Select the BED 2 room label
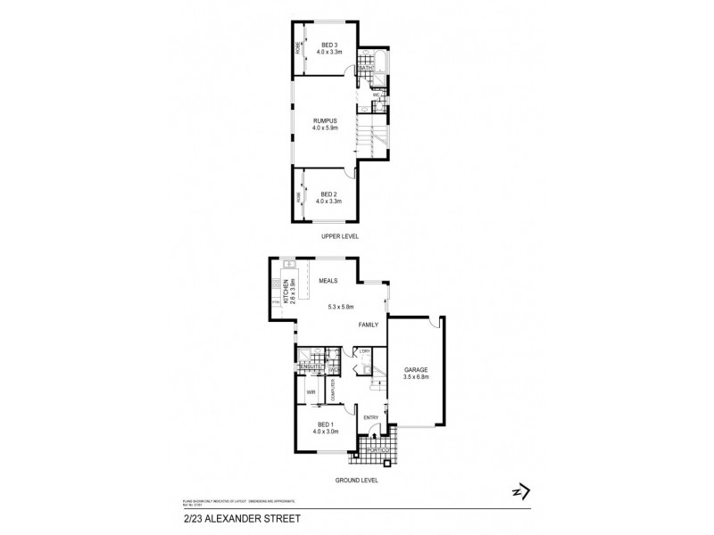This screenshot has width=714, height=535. [329, 193]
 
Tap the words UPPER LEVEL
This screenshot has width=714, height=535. [329, 237]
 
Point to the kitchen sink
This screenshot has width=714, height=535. [289, 265]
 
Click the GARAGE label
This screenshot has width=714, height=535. [416, 368]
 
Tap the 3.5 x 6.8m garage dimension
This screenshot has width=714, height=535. [416, 377]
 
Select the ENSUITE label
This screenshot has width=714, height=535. [311, 366]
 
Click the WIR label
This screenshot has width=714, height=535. [312, 391]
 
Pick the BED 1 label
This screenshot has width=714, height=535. [328, 424]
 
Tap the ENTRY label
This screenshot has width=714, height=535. [371, 417]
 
